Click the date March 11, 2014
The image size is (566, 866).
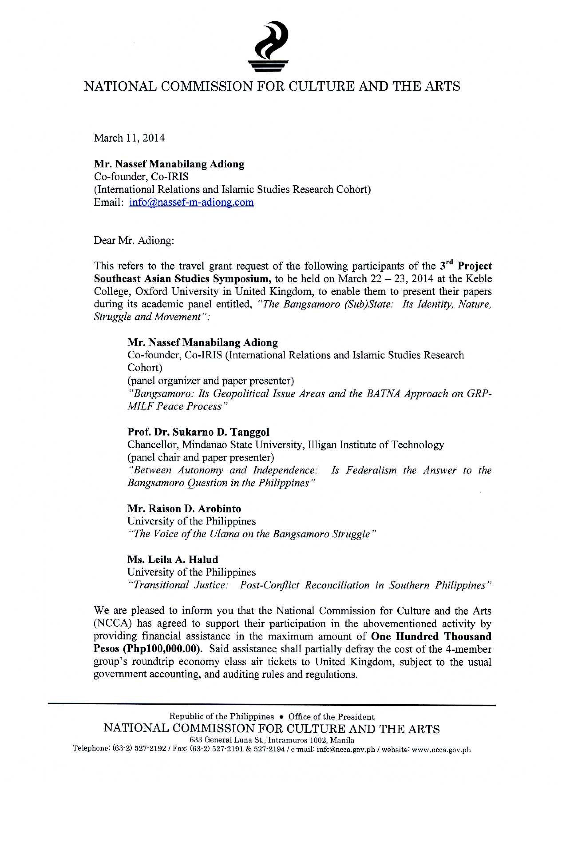click(x=129, y=138)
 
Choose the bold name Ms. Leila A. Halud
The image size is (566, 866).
click(x=173, y=559)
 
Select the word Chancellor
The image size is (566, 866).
click(x=153, y=445)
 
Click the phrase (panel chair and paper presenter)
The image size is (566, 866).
click(x=201, y=457)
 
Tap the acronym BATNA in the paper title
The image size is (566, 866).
click(x=380, y=394)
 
